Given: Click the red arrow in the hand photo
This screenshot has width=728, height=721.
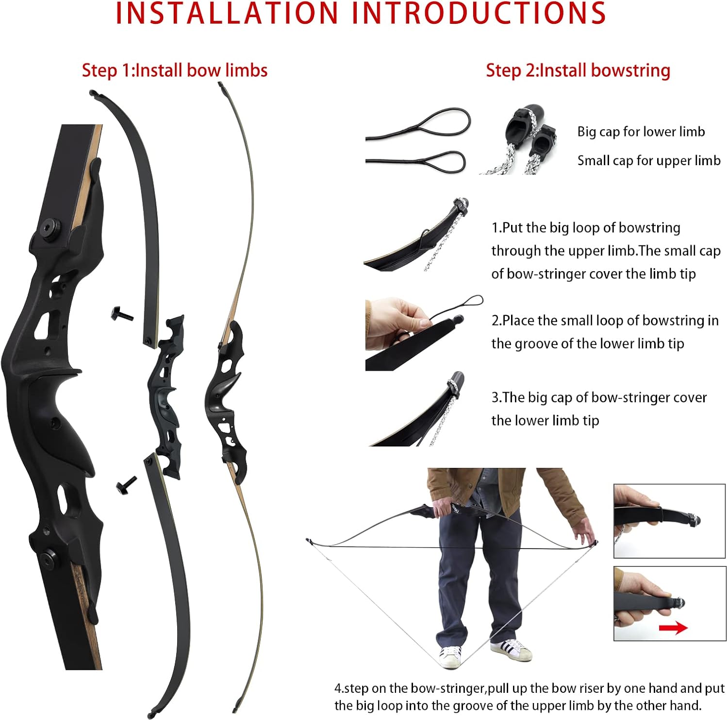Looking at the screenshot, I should click(673, 628).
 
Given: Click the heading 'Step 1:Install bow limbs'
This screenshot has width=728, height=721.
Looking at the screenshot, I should click(175, 70).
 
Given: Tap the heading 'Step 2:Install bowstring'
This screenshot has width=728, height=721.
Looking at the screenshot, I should click(578, 70).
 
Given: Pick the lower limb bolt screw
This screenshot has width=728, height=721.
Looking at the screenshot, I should click(126, 485).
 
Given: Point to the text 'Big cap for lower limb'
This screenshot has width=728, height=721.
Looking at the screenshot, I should click(641, 132).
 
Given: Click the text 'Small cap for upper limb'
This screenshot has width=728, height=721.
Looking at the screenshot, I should click(649, 160).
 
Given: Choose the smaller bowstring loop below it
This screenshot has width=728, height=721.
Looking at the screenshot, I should click(444, 161).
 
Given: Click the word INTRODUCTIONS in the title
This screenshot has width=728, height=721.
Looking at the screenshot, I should click(479, 14).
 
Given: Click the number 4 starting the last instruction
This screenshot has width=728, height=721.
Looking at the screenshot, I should click(338, 688).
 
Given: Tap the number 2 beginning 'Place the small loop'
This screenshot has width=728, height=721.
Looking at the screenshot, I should click(496, 321).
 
